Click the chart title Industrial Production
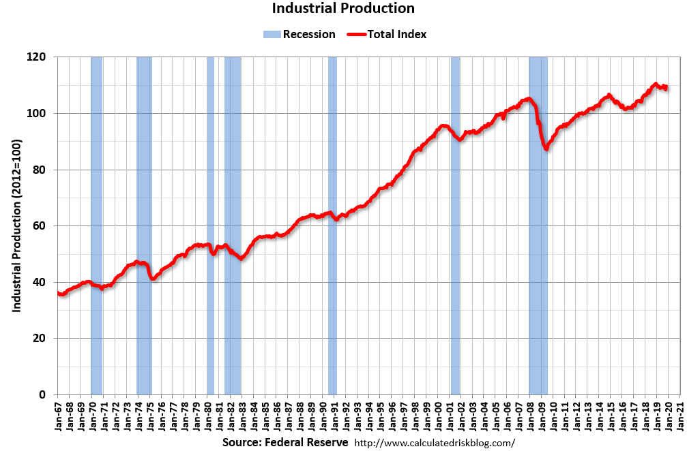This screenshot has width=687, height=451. pyautogui.click(x=343, y=9)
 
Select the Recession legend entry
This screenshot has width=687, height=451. pyautogui.click(x=300, y=34)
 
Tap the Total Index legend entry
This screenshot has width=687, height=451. pyautogui.click(x=387, y=34)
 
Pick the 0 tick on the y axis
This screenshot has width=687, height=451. pyautogui.click(x=43, y=394)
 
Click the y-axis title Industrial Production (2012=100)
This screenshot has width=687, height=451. pyautogui.click(x=16, y=226)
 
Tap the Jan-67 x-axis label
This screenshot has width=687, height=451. pyautogui.click(x=59, y=416)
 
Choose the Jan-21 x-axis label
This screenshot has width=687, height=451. pyautogui.click(x=682, y=416)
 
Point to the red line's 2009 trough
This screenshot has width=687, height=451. pyautogui.click(x=546, y=148)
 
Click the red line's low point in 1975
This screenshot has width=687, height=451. pyautogui.click(x=153, y=279)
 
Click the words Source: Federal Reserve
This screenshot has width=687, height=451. pyautogui.click(x=285, y=442)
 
